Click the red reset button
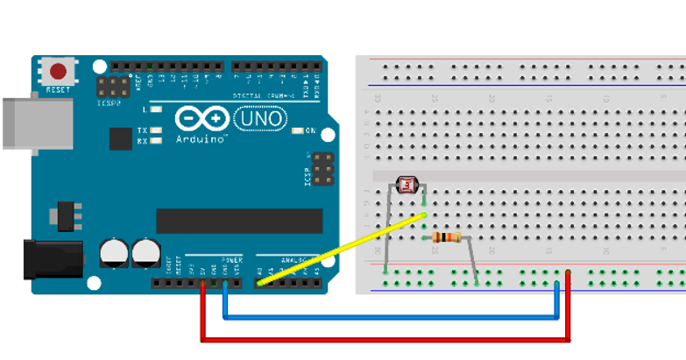pos(59,72)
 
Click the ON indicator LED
pos(299,131)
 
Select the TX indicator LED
pos(157,131)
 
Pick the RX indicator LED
pos(157,140)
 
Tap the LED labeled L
pos(157,109)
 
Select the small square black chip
pos(121,138)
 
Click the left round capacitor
pos(114,253)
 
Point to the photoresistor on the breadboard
pos(408,185)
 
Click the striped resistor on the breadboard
pos(447,237)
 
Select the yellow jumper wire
pos(342,249)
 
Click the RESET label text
pos(58,90)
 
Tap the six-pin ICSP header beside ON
pos(322,168)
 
